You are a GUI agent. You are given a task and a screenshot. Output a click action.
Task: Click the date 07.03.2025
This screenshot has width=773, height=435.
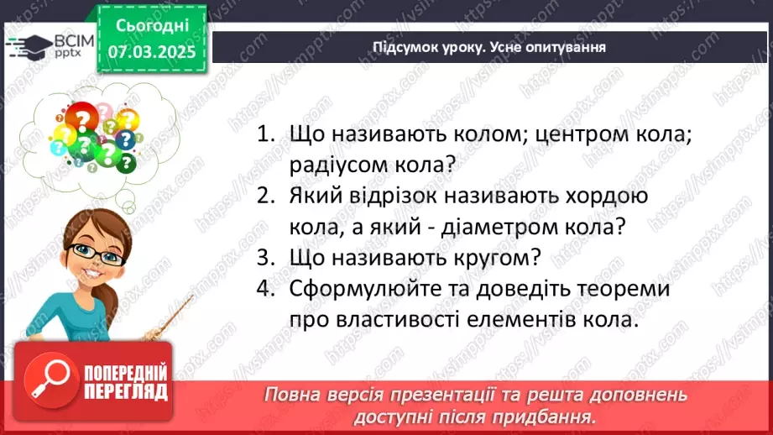click(152, 50)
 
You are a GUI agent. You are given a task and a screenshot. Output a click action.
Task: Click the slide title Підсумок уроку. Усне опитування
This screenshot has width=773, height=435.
click(489, 46)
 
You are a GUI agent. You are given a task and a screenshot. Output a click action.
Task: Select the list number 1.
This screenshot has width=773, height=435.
click(266, 134)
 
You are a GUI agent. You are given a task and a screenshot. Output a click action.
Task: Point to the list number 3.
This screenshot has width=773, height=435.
click(266, 257)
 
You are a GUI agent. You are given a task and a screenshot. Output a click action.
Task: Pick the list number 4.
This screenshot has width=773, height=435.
click(266, 288)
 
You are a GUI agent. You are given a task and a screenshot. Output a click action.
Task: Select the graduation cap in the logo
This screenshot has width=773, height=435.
click(31, 43)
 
